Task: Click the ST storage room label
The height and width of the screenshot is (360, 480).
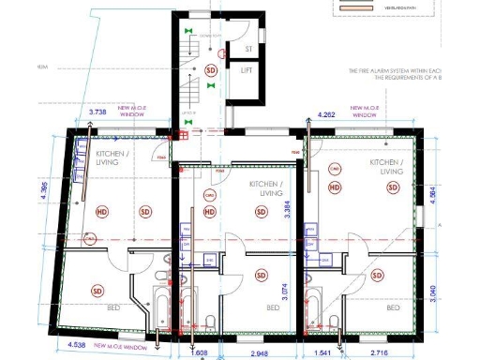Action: [248, 48]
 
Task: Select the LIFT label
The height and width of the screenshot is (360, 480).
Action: [248, 70]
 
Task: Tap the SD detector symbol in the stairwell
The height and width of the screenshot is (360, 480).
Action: [210, 70]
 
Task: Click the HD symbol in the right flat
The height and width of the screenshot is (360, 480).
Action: [335, 187]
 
